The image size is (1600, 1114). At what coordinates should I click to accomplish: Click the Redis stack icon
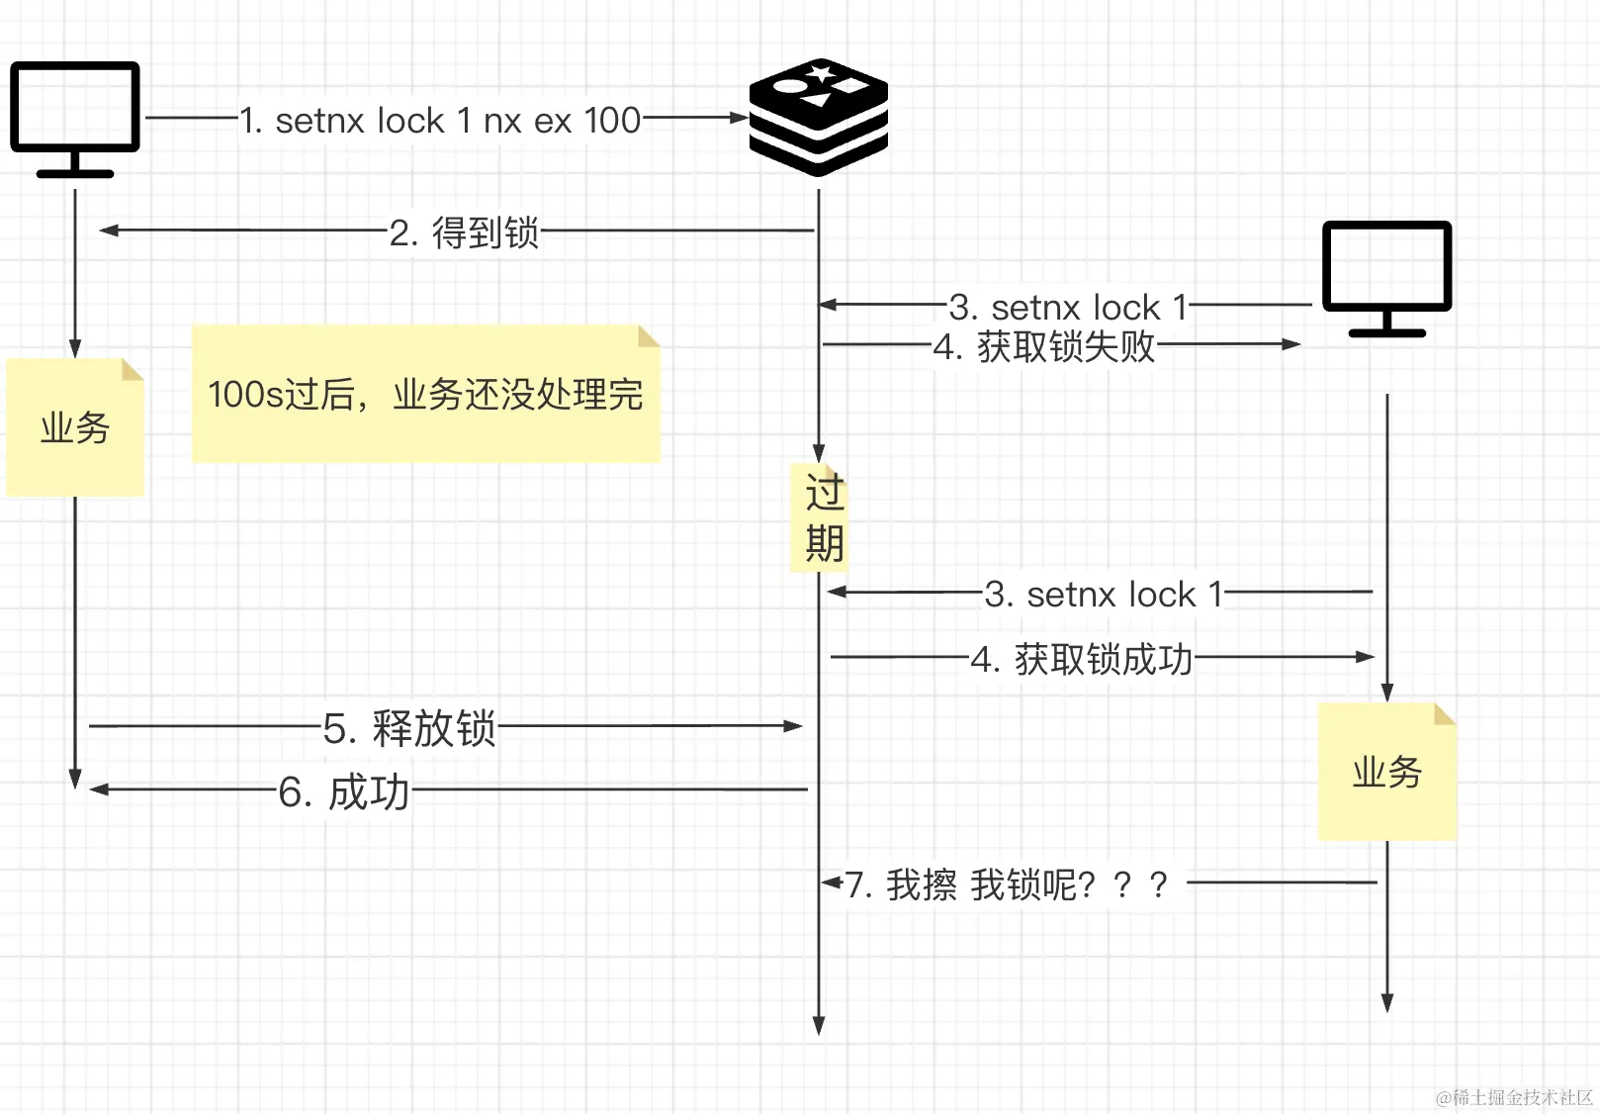819,118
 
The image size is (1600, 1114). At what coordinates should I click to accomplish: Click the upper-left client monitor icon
75,118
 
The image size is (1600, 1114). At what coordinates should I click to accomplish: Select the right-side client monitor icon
1386,278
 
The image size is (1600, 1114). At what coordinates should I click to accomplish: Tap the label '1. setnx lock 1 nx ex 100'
440,121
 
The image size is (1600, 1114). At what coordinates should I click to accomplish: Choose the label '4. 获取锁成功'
1082,659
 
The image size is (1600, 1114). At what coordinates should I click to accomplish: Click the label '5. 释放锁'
408,728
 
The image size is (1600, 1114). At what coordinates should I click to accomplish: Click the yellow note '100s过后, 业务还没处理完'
425,394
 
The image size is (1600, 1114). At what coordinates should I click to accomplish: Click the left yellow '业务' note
75,427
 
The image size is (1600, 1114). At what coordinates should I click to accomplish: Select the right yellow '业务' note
1386,772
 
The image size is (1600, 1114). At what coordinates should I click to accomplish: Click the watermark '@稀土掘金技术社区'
1514,1097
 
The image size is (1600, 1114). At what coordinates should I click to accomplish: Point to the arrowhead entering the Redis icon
739,118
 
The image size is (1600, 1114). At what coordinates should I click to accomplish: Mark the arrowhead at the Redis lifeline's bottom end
819,1025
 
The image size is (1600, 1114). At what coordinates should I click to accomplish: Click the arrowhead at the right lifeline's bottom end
1387,1003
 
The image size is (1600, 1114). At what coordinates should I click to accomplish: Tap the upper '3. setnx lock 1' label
1068,308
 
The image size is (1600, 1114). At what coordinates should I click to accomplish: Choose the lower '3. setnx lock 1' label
1104,595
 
